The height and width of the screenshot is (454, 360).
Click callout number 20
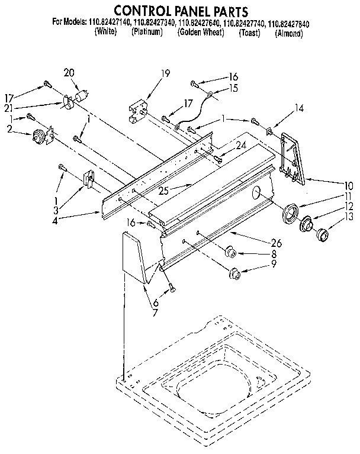pos(69,72)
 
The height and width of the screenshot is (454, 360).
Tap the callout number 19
pos(165,73)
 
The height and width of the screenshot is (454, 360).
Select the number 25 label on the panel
pos(165,191)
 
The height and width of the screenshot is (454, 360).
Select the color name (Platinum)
pos(147,33)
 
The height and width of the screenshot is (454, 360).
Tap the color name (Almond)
pos(289,34)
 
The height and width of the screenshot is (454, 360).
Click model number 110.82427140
pos(112,24)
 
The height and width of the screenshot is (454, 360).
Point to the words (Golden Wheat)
pos(201,33)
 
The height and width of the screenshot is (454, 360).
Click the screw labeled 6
pos(171,288)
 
